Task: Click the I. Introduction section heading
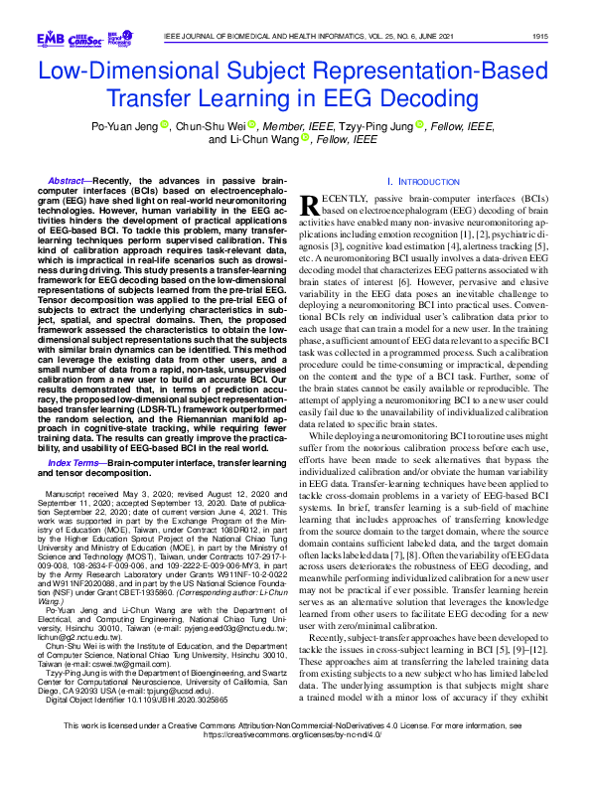(x=417, y=183)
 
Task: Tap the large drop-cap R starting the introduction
(x=309, y=205)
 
